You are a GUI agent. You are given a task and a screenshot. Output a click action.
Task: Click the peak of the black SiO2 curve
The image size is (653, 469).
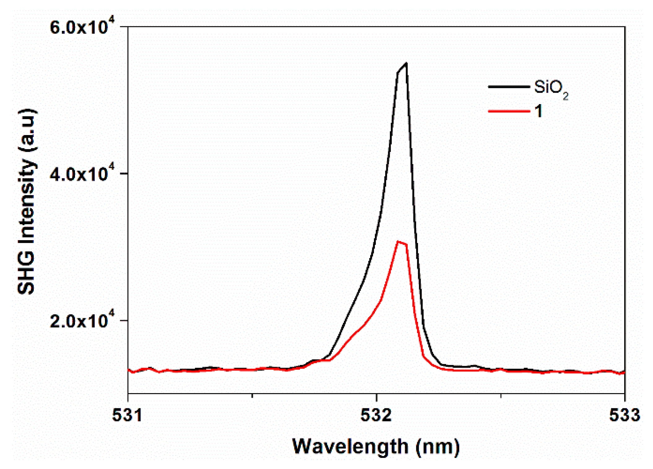tap(406, 64)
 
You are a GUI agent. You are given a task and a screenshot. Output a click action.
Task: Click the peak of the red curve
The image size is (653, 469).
tap(398, 242)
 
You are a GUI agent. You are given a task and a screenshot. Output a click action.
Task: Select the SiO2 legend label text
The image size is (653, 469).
tap(550, 88)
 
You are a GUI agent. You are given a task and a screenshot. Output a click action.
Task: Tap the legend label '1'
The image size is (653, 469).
tap(539, 111)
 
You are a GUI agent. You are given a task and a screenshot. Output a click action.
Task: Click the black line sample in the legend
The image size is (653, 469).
tap(509, 87)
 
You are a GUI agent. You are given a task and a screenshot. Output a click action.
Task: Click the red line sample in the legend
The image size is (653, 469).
tap(509, 111)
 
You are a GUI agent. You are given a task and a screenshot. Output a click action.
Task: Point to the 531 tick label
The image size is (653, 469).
tap(127, 415)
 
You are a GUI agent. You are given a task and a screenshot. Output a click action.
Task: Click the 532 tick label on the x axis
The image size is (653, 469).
tap(376, 415)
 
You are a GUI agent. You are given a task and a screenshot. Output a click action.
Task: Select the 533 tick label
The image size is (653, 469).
tap(624, 415)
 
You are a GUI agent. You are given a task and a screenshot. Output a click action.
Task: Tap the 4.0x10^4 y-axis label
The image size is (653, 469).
tap(82, 174)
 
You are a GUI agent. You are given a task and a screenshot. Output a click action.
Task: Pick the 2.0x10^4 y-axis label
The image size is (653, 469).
tap(82, 321)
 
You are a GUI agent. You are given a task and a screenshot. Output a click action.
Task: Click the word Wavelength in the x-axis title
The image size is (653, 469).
tap(350, 446)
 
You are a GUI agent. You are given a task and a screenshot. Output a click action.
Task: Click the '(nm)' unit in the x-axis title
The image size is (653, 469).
tap(437, 446)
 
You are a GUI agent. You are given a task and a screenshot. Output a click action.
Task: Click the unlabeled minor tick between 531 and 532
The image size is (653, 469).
tap(252, 396)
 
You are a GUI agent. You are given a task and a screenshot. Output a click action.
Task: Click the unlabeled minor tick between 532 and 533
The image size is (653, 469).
tap(501, 396)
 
